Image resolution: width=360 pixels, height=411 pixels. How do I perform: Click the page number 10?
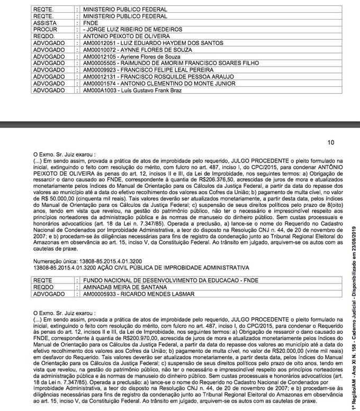point(331,142)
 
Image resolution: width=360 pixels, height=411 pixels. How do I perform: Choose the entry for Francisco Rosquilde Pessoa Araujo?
point(148,76)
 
